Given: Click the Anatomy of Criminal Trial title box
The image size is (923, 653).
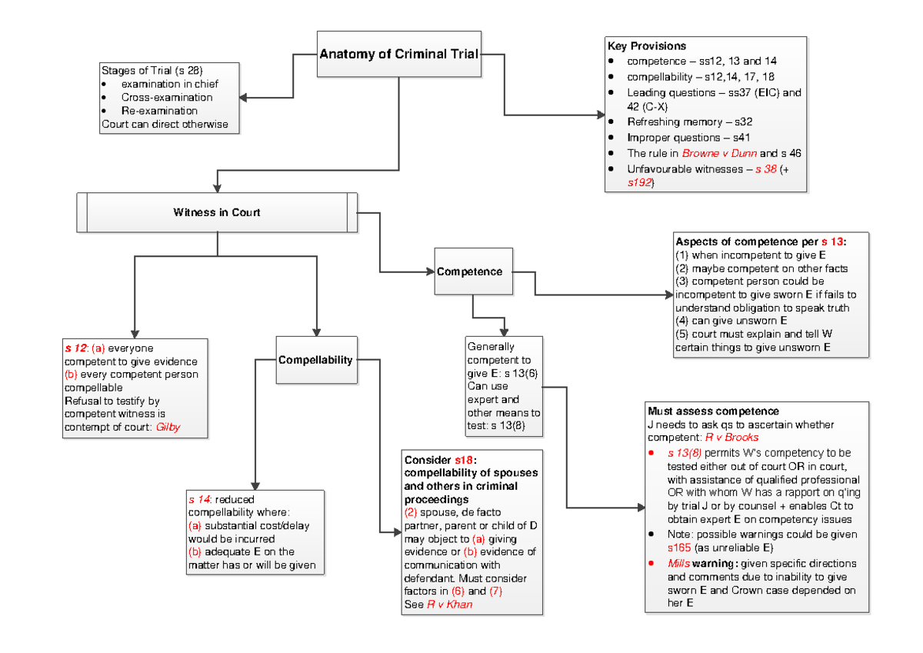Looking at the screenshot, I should (x=398, y=54).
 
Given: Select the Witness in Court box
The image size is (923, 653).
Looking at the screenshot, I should (x=217, y=212).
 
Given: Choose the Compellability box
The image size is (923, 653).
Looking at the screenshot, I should (x=315, y=360).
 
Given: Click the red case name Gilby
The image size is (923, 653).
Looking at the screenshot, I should (x=168, y=427).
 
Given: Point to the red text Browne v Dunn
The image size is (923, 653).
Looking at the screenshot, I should (x=714, y=153).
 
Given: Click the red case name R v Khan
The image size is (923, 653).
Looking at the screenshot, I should (x=450, y=605).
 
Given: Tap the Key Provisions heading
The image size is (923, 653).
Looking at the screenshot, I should (x=647, y=46).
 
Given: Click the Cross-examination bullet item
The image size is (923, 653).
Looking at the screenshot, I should (x=167, y=98).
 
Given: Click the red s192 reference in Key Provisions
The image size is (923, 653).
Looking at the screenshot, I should (x=641, y=183).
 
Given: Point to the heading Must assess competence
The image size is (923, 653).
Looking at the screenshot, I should (x=713, y=411).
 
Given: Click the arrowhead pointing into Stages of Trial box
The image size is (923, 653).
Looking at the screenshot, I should (x=244, y=98).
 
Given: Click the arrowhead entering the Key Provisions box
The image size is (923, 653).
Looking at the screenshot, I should (x=601, y=115).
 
